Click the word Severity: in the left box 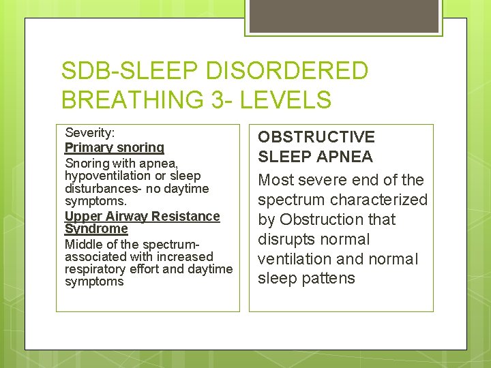(x=89, y=133)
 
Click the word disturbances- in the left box (x=100, y=189)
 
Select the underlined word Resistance (x=184, y=216)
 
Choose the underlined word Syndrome (x=96, y=229)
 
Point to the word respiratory (x=95, y=269)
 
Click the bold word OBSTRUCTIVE (x=316, y=137)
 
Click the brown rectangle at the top (x=342, y=16)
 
